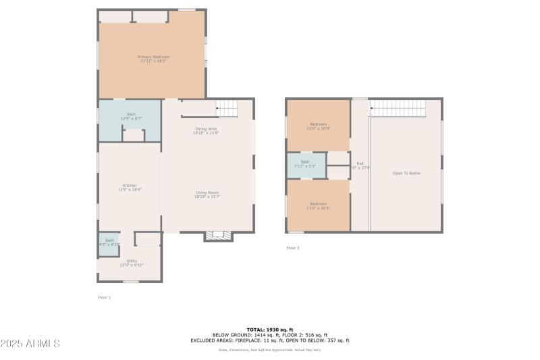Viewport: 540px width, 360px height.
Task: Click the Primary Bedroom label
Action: [153, 59]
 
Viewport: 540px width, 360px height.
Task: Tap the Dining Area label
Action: [206, 130]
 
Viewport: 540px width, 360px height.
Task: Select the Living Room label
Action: [206, 195]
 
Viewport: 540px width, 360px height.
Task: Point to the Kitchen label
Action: [130, 187]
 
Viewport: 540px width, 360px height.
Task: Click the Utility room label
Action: [132, 263]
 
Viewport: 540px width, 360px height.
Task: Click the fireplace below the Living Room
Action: [218, 236]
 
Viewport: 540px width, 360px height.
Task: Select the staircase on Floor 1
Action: [227, 107]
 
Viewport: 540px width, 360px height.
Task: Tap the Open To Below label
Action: [406, 174]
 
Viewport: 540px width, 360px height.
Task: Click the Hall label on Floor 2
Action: [360, 165]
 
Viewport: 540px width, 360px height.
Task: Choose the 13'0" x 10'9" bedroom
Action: [318, 126]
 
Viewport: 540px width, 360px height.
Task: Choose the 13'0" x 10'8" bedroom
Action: [318, 205]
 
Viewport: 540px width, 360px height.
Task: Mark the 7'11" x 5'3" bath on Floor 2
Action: [305, 164]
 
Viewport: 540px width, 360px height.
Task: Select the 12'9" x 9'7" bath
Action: [131, 116]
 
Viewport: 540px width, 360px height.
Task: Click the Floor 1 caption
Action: [105, 297]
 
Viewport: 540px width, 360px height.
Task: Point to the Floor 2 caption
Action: [293, 248]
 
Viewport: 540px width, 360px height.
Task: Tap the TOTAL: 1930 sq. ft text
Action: [270, 330]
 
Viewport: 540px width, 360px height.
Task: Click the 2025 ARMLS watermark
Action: [30, 344]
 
